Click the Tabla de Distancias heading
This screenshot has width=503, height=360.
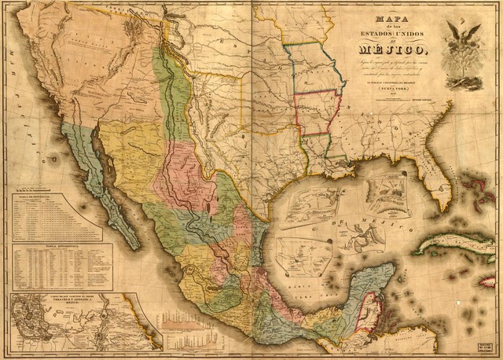point(55,199)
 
